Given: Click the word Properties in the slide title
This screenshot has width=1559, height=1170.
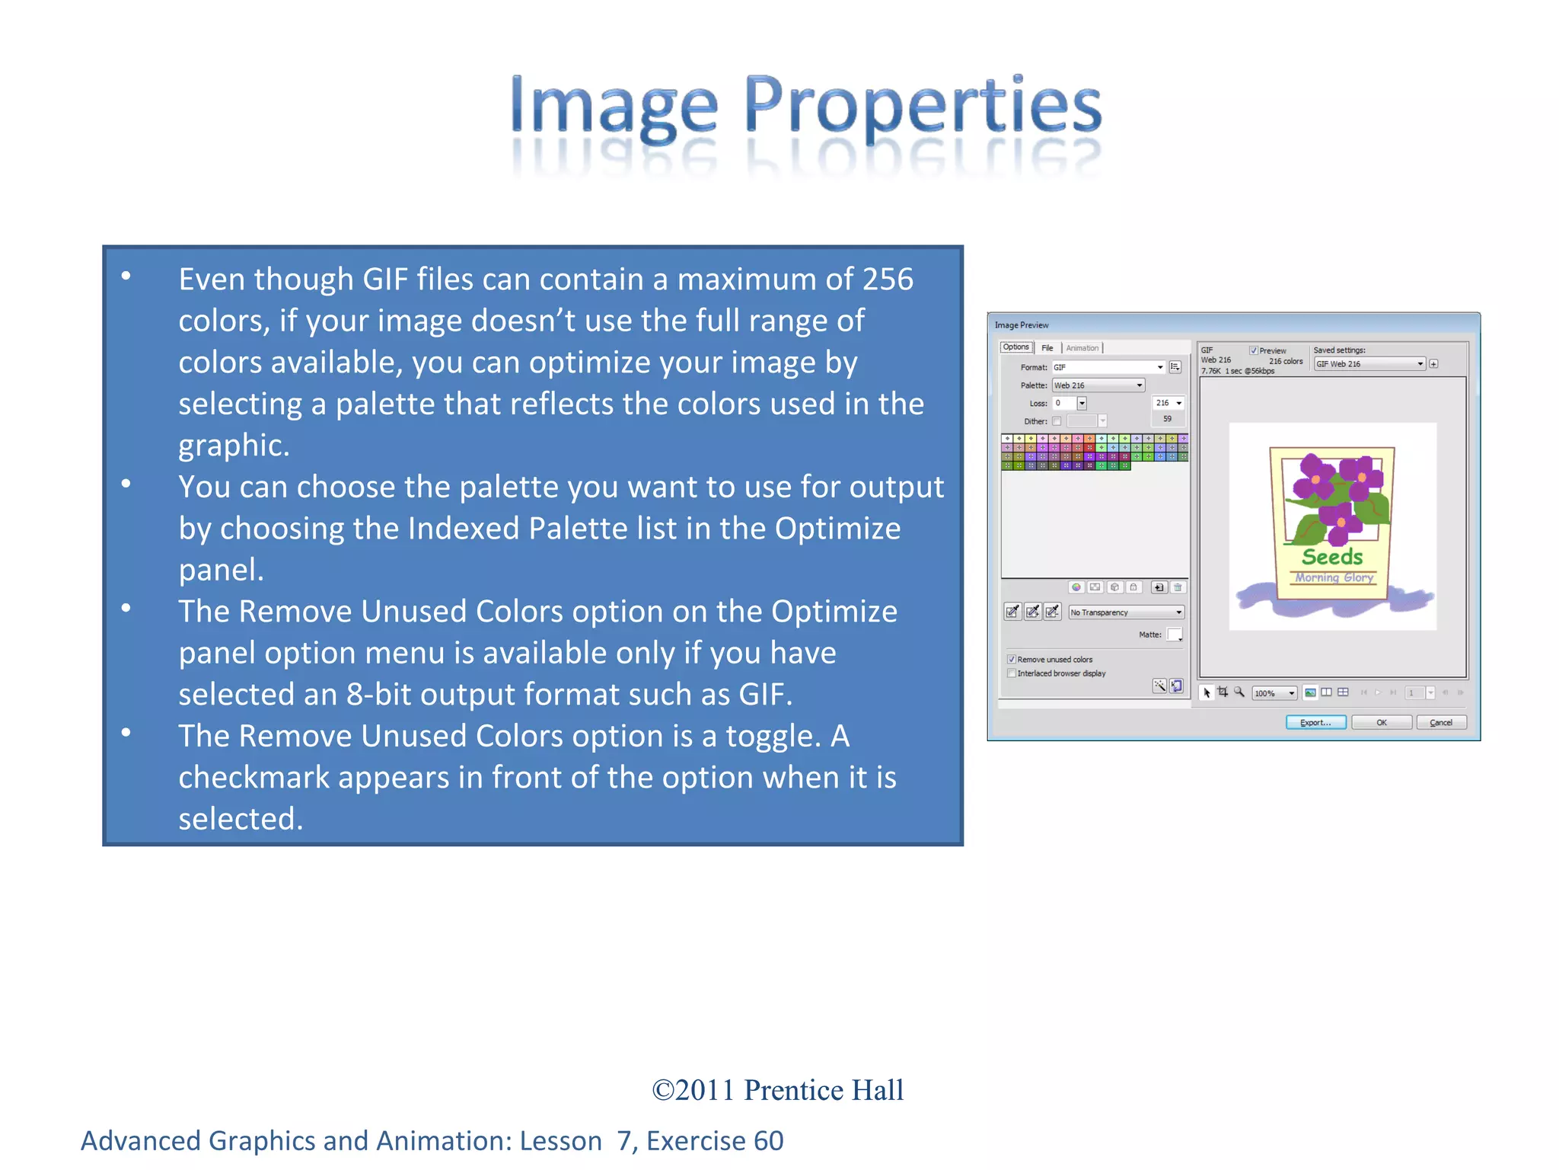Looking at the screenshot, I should pos(923,107).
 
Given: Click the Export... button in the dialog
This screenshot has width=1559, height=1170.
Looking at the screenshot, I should pos(1315,722).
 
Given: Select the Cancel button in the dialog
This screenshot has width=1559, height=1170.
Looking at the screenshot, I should pos(1440,722).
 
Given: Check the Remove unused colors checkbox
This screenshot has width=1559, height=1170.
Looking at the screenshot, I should pos(1012,659).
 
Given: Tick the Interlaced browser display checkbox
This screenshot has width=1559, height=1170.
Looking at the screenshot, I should pos(1012,673).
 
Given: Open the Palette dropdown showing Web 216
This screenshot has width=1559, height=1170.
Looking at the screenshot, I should pos(1098,385).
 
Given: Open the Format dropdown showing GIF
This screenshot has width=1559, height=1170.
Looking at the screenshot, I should pos(1108,367).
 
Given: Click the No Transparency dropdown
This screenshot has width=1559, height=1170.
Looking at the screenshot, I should pos(1126,612).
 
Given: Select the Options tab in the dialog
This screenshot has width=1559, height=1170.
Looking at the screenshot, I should pos(1015,347).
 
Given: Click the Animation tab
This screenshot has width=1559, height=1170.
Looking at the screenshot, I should pos(1082,348).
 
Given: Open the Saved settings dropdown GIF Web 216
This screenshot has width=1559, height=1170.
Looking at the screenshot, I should pos(1369,364).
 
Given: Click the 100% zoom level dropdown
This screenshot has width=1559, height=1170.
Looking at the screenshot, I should pos(1274,693).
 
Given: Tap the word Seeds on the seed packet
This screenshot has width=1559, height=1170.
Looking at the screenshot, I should pos(1332,557).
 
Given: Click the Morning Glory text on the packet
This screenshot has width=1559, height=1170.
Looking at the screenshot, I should pos(1334,577).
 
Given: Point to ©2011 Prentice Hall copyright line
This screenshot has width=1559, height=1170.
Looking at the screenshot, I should pos(777,1090).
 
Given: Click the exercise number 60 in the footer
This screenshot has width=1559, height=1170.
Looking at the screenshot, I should pos(768,1141).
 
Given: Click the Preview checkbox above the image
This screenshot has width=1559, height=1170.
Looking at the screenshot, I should pos(1253,350).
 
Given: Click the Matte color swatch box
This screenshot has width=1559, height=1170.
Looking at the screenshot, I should pos(1174,634).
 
